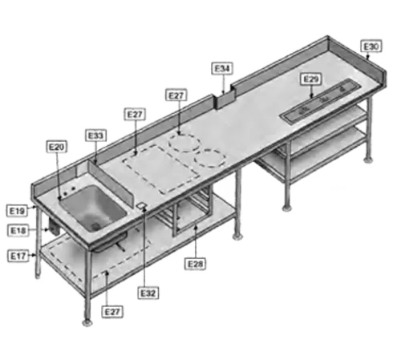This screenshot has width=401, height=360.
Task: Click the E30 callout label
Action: coord(371,48)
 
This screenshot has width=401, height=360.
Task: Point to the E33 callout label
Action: coord(95,136)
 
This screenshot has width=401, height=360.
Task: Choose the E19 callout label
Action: coord(18,210)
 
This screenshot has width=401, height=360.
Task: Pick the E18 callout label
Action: coord(18,231)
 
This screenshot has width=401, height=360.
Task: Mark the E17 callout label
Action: coord(18,255)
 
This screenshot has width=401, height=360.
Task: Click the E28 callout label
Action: coord(195,263)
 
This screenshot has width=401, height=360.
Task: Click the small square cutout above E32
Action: coord(141,208)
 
